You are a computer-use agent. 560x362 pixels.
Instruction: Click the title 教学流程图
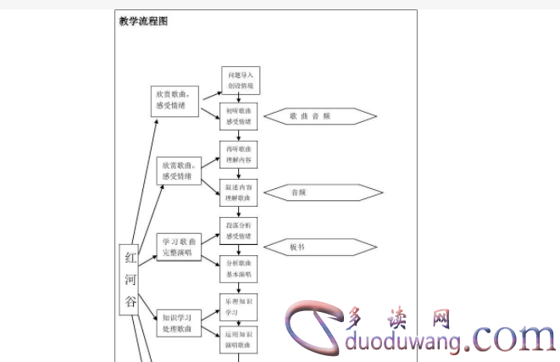tap(143, 21)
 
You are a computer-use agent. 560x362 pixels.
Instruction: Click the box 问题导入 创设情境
tap(240, 81)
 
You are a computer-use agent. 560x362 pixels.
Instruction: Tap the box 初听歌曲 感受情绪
tap(240, 116)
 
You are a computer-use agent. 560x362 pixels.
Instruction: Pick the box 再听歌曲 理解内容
tap(238, 154)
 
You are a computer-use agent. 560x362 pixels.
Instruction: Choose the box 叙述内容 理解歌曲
tap(238, 192)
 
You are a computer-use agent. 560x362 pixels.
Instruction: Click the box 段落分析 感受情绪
tap(238, 231)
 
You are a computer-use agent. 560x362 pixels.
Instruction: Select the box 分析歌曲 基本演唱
tap(238, 269)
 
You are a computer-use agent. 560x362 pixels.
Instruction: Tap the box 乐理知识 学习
tap(238, 306)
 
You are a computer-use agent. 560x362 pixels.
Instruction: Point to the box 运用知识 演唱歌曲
tap(238, 340)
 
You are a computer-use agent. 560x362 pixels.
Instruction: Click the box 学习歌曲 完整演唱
tap(178, 247)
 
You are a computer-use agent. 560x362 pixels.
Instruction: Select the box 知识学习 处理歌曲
tap(178, 322)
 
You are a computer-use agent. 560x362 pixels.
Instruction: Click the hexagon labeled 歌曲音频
tap(319, 116)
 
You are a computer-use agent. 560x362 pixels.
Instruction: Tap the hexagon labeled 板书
tap(319, 248)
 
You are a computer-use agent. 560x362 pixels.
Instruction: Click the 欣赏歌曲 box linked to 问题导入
tap(175, 99)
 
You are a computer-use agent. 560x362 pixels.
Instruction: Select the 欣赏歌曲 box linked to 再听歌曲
tap(178, 170)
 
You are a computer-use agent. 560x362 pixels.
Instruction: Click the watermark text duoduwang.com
tap(449, 342)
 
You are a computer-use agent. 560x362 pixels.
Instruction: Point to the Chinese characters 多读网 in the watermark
tap(398, 318)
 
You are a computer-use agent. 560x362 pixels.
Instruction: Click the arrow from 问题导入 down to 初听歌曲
tap(240, 98)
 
